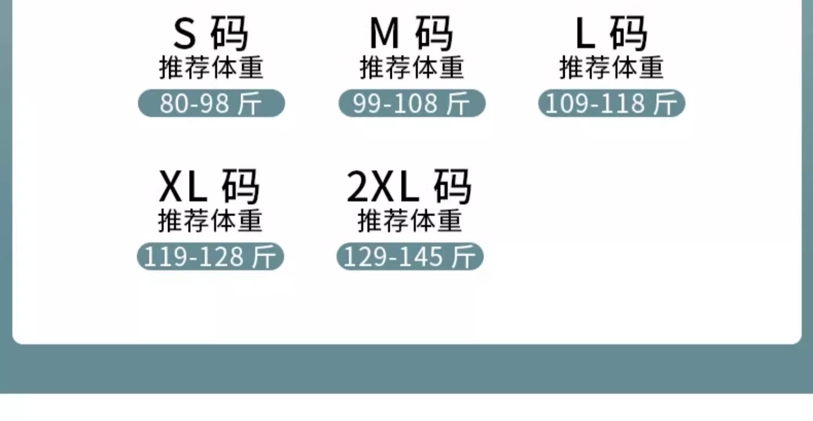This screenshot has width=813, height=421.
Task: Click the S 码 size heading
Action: pyautogui.click(x=211, y=34)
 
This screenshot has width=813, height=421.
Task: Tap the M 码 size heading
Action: pyautogui.click(x=411, y=34)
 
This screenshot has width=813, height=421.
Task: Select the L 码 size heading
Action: pyautogui.click(x=611, y=34)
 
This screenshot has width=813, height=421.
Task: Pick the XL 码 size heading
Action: pyautogui.click(x=210, y=187)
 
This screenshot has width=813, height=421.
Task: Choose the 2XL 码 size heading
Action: pyautogui.click(x=409, y=187)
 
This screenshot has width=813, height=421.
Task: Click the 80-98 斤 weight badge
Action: pyautogui.click(x=211, y=103)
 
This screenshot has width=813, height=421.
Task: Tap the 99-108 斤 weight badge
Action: pyautogui.click(x=412, y=103)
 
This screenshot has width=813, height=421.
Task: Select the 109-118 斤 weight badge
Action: pyautogui.click(x=612, y=103)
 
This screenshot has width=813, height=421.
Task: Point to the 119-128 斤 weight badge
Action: pyautogui.click(x=210, y=257)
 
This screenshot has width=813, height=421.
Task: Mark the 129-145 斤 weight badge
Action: pyautogui.click(x=410, y=257)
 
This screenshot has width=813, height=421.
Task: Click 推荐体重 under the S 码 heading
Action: pyautogui.click(x=211, y=68)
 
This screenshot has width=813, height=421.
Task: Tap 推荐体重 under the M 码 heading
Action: pyautogui.click(x=412, y=68)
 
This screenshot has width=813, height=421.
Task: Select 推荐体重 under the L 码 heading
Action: pyautogui.click(x=611, y=68)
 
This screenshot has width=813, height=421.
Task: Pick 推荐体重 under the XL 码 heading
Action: pyautogui.click(x=210, y=222)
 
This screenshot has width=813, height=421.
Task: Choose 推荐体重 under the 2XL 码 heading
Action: pyautogui.click(x=410, y=222)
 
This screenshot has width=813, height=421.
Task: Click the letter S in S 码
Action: pyautogui.click(x=184, y=34)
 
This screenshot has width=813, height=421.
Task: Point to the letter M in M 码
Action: pyautogui.click(x=384, y=34)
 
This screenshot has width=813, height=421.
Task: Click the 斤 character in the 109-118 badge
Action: pyautogui.click(x=665, y=104)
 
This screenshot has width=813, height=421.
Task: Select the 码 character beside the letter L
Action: pyautogui.click(x=629, y=34)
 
